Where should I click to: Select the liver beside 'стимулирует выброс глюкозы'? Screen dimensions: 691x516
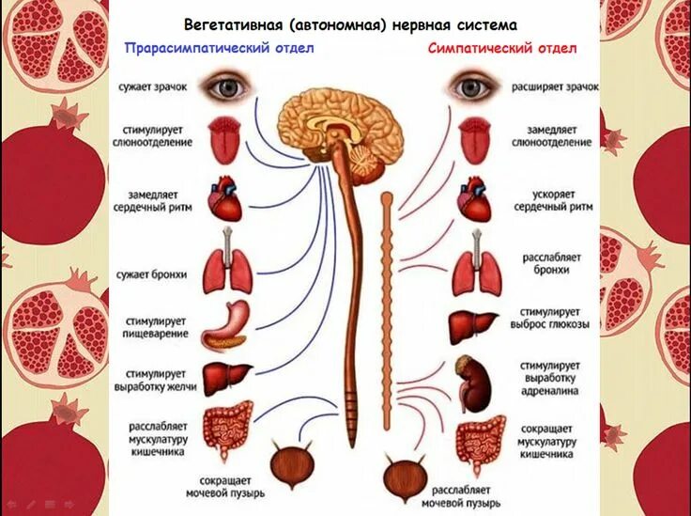click(x=473, y=326)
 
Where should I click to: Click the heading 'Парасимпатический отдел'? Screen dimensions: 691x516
click(x=219, y=47)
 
